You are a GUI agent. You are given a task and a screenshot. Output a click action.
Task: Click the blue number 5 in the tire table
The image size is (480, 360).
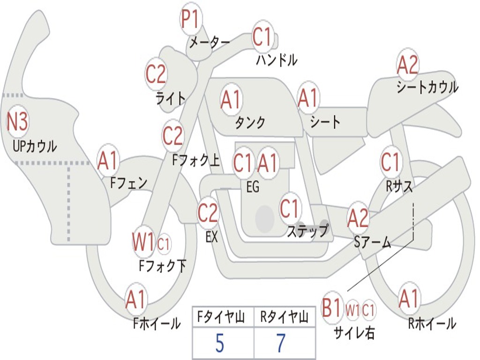[219, 344]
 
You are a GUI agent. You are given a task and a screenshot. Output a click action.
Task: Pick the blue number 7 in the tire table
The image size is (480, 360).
[281, 344]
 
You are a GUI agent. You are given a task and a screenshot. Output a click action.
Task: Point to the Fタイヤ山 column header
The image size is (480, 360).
[220, 318]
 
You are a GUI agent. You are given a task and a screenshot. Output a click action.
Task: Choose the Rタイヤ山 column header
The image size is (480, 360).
[284, 318]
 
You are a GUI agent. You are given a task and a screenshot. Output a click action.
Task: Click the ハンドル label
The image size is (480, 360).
[277, 60]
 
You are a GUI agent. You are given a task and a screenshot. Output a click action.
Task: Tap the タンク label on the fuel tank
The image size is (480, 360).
[250, 122]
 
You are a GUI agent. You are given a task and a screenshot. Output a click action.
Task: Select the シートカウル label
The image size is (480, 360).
[427, 88]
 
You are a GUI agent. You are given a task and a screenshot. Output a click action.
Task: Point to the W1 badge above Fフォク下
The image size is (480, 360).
[143, 242]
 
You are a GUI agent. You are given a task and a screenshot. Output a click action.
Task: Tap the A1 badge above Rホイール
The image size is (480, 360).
[408, 299]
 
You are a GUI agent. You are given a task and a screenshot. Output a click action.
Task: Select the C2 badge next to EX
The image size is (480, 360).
[208, 213]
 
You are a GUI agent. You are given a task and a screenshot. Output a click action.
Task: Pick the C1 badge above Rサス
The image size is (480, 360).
[390, 162]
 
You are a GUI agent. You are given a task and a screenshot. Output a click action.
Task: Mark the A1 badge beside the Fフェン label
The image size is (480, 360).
[108, 161]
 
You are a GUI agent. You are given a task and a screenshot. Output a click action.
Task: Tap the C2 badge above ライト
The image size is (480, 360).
[156, 74]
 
